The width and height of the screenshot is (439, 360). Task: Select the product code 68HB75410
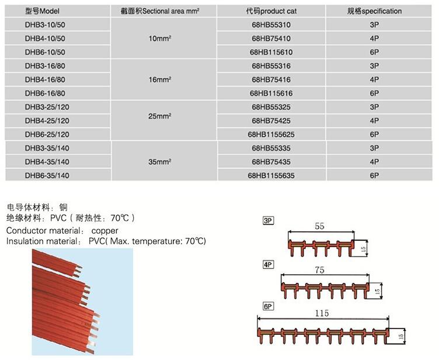271,39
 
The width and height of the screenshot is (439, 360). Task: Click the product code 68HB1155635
271,175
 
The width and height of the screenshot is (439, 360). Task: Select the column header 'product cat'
271,11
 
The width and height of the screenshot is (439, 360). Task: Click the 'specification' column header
374,11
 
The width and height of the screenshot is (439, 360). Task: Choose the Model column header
42,11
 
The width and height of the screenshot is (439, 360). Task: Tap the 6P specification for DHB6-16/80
374,94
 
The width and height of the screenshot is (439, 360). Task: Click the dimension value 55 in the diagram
319,226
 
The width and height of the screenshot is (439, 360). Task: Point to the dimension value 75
319,270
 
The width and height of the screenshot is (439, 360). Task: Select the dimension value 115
322,313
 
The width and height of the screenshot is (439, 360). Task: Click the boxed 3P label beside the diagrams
268,221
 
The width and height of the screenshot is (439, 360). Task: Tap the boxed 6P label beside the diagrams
268,306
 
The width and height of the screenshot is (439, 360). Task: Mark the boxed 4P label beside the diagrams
268,265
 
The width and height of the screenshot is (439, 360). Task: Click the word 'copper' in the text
104,231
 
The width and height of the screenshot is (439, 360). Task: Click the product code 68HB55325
271,107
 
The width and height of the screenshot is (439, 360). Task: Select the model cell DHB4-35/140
47,162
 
